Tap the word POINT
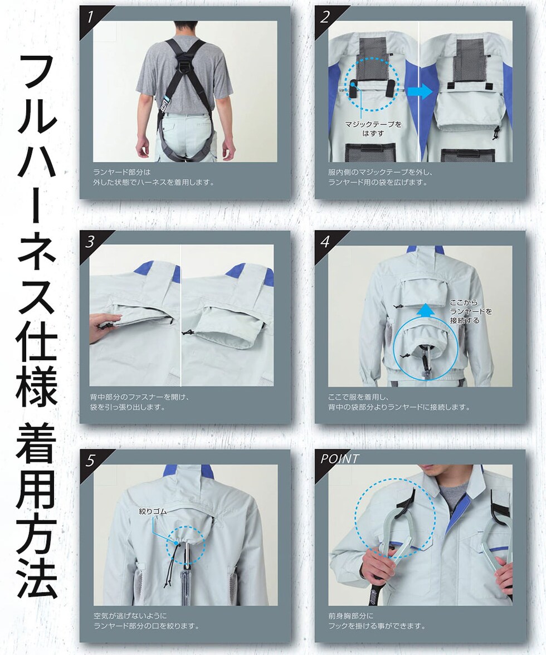[x=339, y=459]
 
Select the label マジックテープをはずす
[x=373, y=129]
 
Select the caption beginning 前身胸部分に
[x=377, y=620]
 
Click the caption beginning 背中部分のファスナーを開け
[x=140, y=402]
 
